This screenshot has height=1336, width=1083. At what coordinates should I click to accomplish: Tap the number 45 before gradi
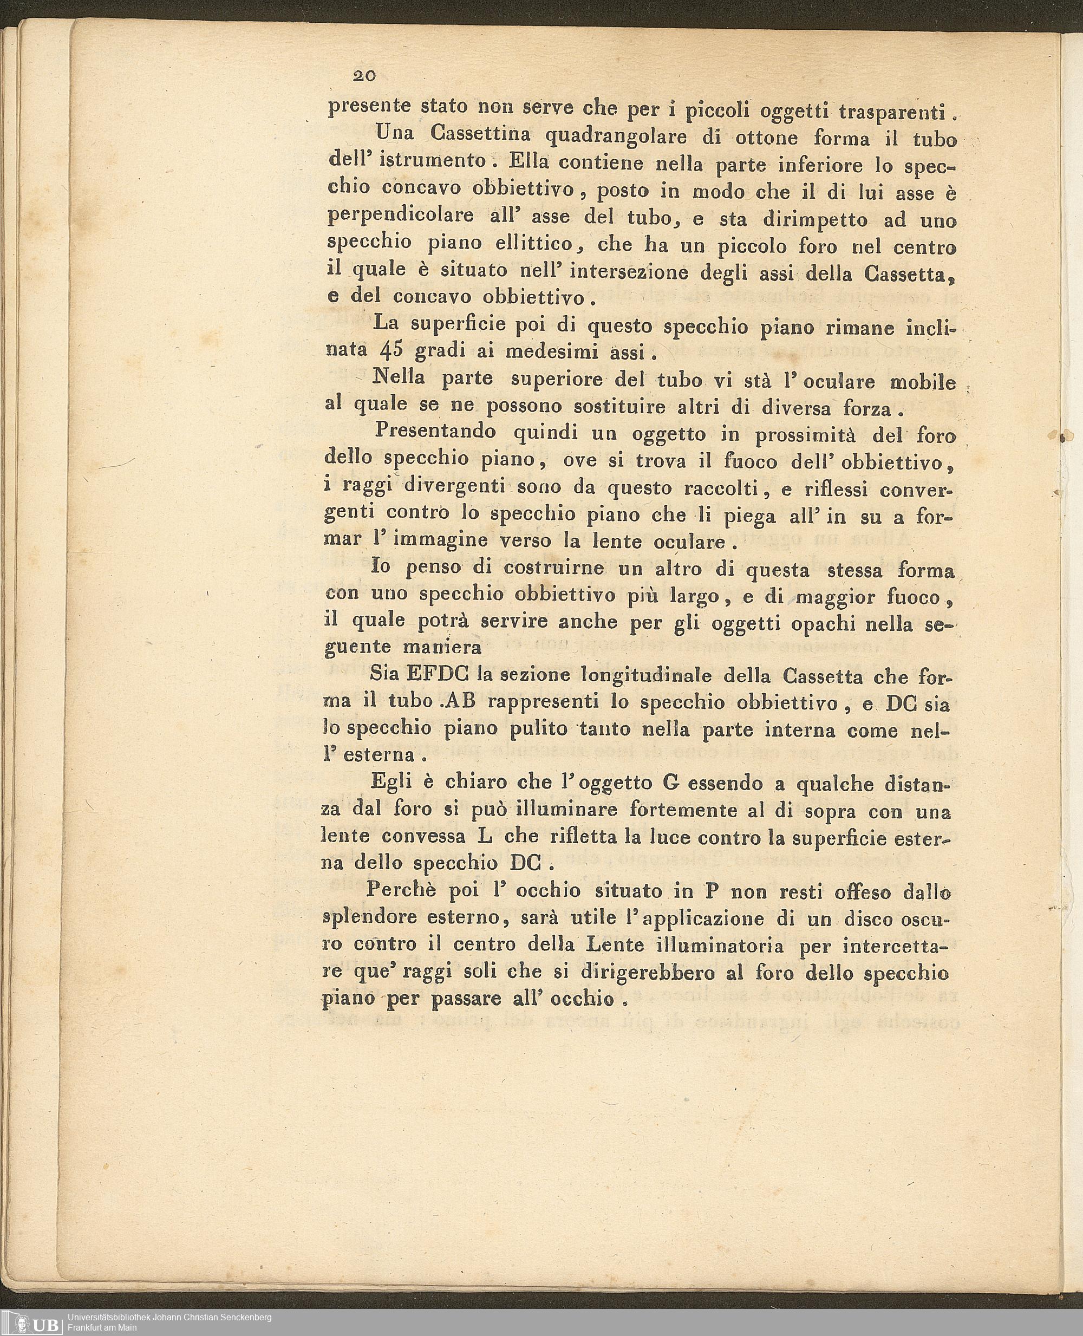click(x=394, y=351)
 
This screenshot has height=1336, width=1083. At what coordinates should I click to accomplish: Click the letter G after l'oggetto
click(x=672, y=784)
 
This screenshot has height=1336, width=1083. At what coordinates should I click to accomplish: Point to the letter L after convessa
click(x=492, y=836)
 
